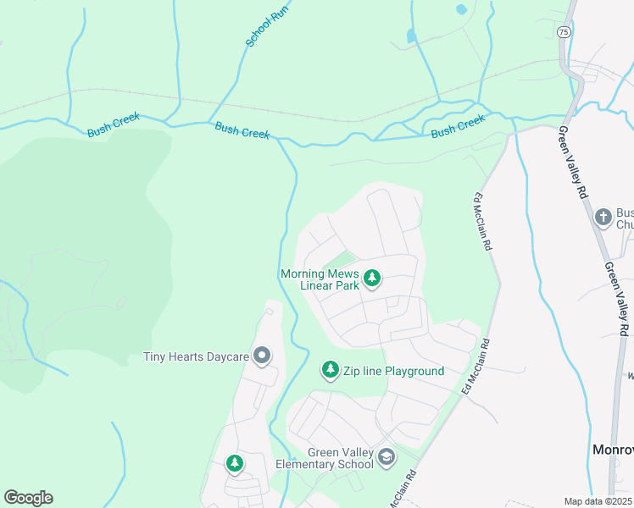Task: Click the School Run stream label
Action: pyautogui.click(x=262, y=30)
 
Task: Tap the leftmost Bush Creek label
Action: pyautogui.click(x=113, y=126)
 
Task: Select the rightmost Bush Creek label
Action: pyautogui.click(x=458, y=127)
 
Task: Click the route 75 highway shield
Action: pyautogui.click(x=564, y=31)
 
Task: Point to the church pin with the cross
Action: pyautogui.click(x=603, y=217)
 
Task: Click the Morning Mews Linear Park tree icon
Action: pyautogui.click(x=371, y=278)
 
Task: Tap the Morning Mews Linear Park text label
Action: pyautogui.click(x=320, y=279)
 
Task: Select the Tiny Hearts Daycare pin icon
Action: pyautogui.click(x=262, y=356)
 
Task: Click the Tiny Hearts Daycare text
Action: pyautogui.click(x=196, y=357)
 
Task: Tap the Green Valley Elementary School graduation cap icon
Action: pyautogui.click(x=387, y=457)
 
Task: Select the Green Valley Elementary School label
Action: pyautogui.click(x=328, y=458)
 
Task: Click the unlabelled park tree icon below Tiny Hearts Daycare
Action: pyautogui.click(x=234, y=463)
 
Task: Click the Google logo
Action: pyautogui.click(x=28, y=498)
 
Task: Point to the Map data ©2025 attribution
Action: pyautogui.click(x=597, y=501)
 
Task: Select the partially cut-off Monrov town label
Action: pyautogui.click(x=612, y=449)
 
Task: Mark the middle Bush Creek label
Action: pyautogui.click(x=242, y=130)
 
